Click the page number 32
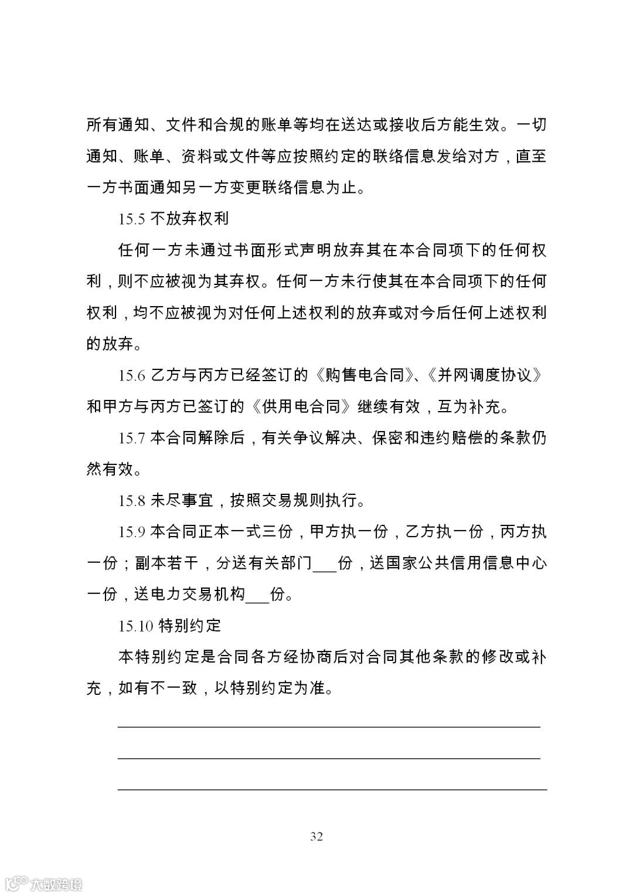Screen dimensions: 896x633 316,836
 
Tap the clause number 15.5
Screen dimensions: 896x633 132,219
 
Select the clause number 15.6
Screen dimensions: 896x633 132,375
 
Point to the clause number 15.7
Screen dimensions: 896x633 132,438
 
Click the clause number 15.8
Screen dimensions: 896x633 132,501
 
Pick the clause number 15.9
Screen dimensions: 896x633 132,532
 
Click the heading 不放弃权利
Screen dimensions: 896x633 189,219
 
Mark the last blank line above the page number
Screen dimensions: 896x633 332,789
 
